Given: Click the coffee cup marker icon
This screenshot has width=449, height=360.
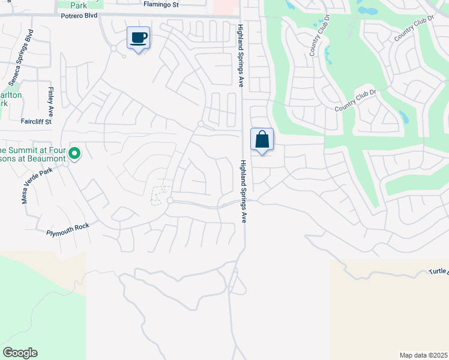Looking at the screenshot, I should (x=138, y=38).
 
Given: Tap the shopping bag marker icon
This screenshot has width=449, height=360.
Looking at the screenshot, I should (x=262, y=140).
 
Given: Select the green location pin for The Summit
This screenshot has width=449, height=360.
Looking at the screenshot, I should (x=74, y=154).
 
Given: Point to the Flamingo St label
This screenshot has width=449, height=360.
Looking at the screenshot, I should (x=161, y=5).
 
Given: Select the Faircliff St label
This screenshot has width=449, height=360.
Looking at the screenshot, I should (x=36, y=121).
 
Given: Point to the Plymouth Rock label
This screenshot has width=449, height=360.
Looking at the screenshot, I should (x=67, y=229).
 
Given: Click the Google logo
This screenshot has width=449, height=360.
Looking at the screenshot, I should (x=20, y=353).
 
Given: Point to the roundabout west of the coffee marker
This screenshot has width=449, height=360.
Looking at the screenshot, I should (x=113, y=48).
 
